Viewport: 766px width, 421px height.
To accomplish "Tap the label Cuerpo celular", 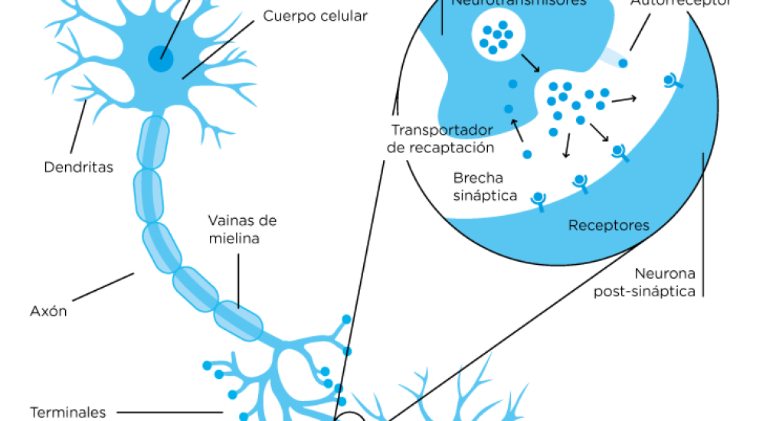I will (315, 15).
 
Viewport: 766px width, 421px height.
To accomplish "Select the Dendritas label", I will (78, 166).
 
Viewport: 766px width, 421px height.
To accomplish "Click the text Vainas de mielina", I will (242, 229).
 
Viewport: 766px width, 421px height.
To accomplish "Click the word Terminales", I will (68, 413).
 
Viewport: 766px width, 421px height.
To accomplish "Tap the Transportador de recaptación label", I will (440, 138).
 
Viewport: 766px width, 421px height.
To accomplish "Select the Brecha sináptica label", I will (485, 186).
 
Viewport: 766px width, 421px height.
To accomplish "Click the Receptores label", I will (609, 226).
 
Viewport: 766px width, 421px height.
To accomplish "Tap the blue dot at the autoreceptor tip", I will (624, 63).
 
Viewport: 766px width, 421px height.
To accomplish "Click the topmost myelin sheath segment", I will (152, 142).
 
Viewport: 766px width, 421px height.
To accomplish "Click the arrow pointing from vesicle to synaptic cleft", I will (529, 60).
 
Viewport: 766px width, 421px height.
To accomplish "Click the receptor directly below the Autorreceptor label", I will (673, 81).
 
